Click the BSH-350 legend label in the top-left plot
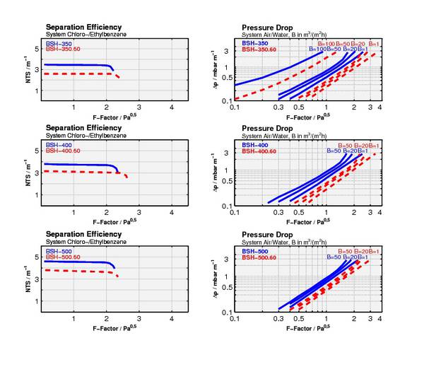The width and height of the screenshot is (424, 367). click(x=59, y=44)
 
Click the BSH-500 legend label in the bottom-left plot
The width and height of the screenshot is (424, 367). click(x=59, y=251)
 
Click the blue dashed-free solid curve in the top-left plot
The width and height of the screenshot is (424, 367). click(x=78, y=65)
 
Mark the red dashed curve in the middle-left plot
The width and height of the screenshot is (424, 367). click(x=78, y=171)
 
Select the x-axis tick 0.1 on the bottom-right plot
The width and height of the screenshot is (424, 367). click(x=235, y=320)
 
